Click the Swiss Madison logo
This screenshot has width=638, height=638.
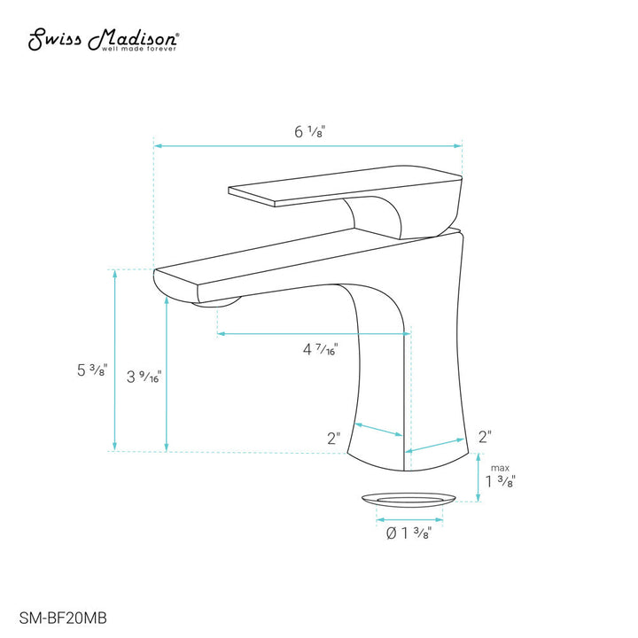coord(103,40)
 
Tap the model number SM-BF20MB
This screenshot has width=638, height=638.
coord(63,618)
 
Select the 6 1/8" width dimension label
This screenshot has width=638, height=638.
coord(309,131)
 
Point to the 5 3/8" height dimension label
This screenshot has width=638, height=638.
coord(92,370)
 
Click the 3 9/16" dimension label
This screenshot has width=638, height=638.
coord(144,377)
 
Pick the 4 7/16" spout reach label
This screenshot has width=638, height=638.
coord(320,349)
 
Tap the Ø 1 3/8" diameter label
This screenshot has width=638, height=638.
coord(408,533)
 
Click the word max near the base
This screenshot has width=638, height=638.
coord(500,468)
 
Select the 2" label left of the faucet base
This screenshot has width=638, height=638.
coord(334,438)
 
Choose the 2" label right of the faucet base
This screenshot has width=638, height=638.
coord(485,437)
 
